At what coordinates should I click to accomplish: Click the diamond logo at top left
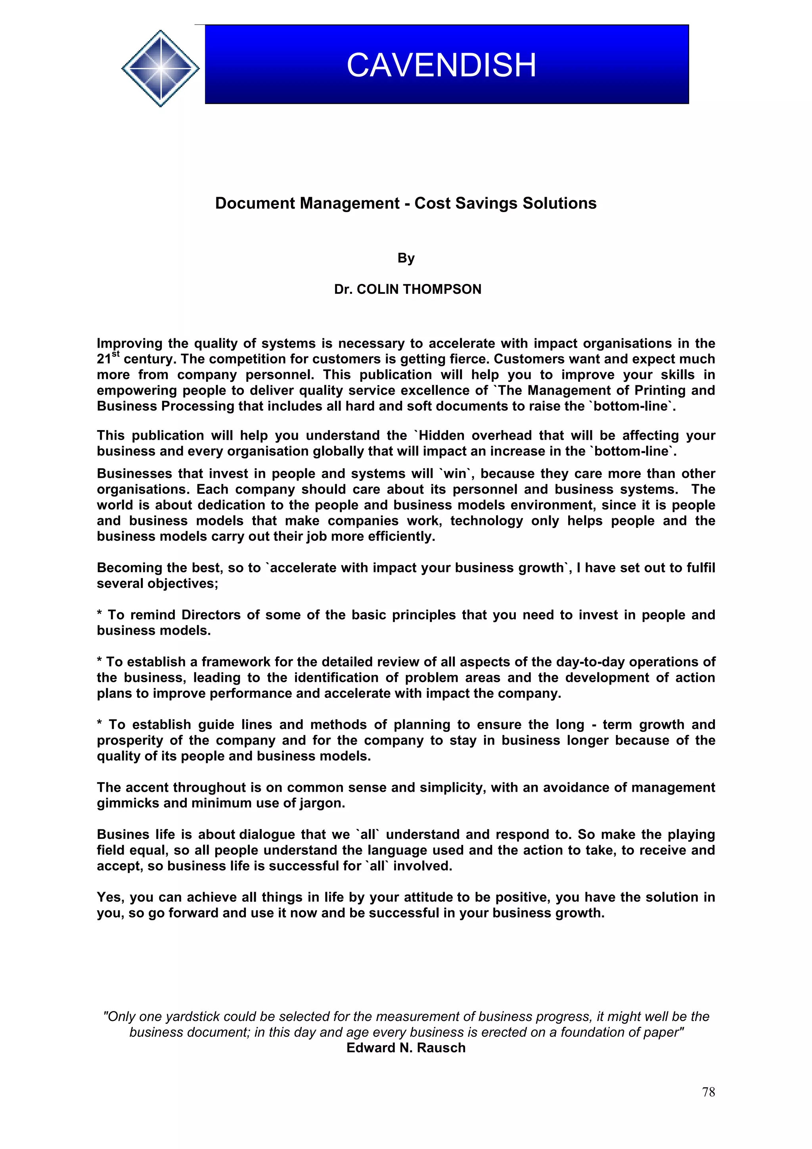(160, 69)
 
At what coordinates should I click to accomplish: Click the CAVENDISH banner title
(441, 65)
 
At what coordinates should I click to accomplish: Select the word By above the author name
(406, 258)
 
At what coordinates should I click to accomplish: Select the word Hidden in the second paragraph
(442, 435)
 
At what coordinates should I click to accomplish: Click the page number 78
(708, 1092)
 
